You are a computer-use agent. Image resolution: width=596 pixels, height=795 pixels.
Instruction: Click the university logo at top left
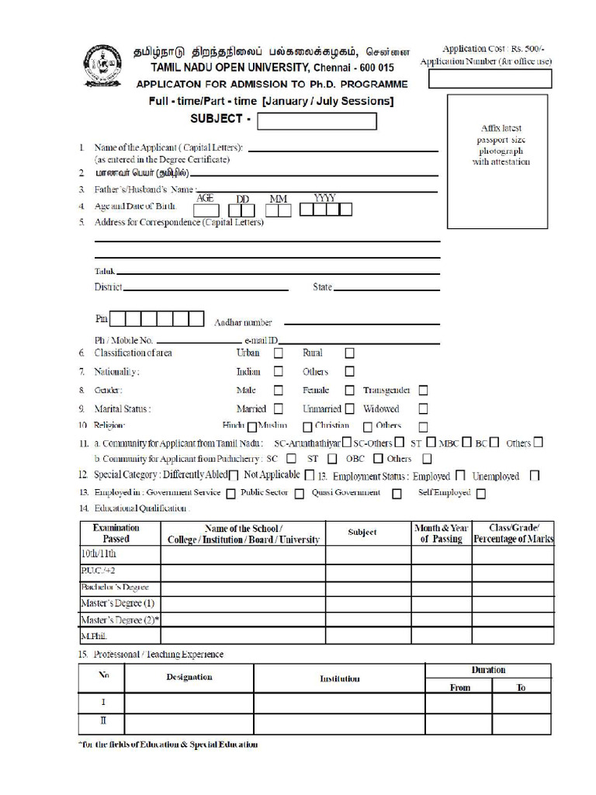click(104, 67)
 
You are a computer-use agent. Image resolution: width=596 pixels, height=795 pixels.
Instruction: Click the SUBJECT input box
click(317, 121)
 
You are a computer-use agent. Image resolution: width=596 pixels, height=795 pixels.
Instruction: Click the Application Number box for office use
click(490, 78)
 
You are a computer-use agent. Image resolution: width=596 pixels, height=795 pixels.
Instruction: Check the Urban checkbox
click(278, 353)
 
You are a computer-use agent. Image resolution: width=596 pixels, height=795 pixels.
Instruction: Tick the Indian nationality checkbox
click(278, 372)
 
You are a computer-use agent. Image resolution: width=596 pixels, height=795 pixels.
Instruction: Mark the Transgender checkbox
click(423, 391)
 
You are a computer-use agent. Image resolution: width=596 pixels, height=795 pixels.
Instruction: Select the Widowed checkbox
click(423, 408)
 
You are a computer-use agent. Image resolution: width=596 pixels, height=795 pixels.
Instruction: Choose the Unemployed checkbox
click(534, 476)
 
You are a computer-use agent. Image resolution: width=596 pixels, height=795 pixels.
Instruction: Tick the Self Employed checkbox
click(481, 493)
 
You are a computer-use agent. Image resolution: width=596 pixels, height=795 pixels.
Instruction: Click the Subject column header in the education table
click(362, 533)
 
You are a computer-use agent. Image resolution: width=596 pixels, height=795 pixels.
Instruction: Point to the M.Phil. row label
click(93, 636)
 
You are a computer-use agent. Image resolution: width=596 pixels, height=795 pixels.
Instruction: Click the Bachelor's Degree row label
click(114, 588)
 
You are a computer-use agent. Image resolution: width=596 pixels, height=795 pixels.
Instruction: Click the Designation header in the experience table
click(189, 677)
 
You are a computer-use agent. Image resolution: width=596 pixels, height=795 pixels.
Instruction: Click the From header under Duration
click(459, 687)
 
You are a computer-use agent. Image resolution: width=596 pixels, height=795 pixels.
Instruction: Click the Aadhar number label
click(243, 323)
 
